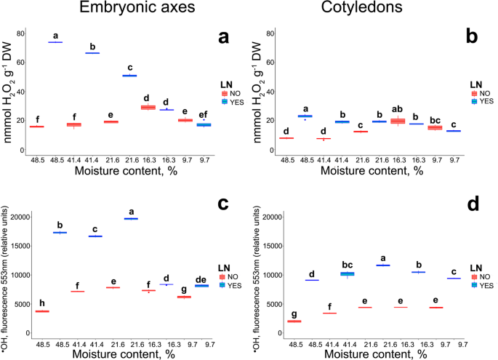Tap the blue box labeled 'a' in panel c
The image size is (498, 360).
tap(131, 218)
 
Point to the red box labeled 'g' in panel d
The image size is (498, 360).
tap(294, 321)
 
